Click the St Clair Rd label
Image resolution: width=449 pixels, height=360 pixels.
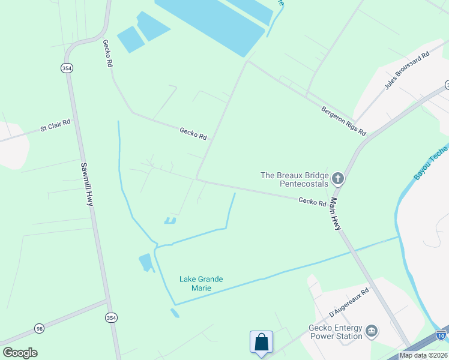55,125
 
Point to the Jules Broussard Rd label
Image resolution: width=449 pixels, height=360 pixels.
408,71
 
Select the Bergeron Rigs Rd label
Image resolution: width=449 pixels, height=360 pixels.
343,121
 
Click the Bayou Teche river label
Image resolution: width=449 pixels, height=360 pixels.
431,163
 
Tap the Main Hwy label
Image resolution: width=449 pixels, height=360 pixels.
336,215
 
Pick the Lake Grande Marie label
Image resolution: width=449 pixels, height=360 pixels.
201,283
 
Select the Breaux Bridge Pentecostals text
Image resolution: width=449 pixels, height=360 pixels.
295,179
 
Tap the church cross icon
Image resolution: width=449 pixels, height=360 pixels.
337,178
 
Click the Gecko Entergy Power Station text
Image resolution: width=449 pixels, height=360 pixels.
336,332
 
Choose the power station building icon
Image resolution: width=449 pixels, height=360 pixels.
372,331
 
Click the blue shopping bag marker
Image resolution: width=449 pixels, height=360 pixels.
261,343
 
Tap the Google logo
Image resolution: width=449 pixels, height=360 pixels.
20,353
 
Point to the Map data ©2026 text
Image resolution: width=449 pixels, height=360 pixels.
423,355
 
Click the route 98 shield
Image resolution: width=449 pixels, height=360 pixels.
40,328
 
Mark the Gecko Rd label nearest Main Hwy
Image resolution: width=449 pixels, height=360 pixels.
312,202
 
